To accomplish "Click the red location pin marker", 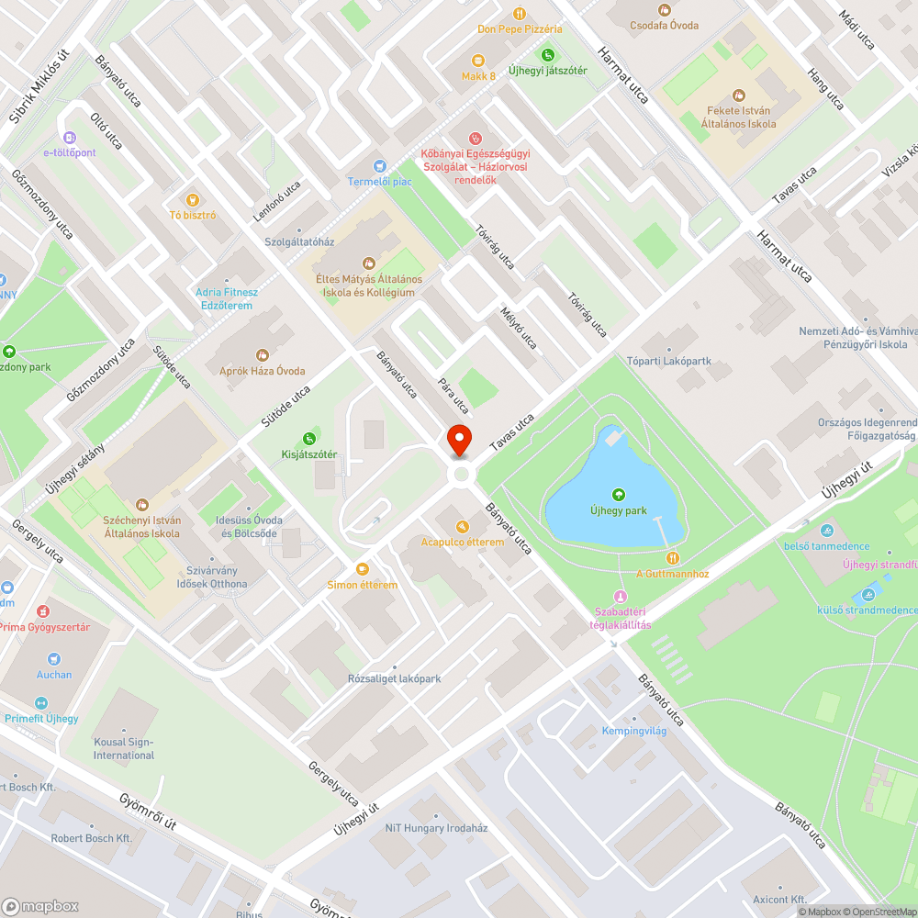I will point(459,440).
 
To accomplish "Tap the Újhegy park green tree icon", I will point(618,495).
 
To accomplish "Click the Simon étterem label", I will point(362,585).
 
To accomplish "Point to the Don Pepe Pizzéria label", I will point(520,29).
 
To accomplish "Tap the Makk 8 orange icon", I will point(477,60).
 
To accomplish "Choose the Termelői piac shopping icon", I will point(379,165).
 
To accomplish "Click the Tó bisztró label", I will point(193,215).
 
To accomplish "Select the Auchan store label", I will point(54,675).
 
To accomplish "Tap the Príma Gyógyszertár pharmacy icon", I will point(42,610).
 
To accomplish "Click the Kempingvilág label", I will point(633,732).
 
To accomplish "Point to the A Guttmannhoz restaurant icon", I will point(673,557).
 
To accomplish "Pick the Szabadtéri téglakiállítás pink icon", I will point(620,597).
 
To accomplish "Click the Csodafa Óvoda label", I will point(665,25).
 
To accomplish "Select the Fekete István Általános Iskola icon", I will point(739,95).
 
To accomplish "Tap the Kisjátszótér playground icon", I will point(309,439).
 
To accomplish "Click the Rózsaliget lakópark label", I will point(394,679).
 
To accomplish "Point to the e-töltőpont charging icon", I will point(68,138).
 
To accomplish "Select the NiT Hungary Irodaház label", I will point(436,828).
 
